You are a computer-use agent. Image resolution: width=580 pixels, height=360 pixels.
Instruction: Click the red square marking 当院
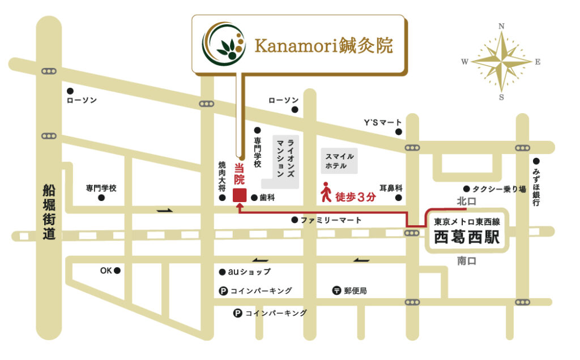[x=239, y=196]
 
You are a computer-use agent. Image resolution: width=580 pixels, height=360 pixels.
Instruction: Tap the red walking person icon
[x=326, y=192]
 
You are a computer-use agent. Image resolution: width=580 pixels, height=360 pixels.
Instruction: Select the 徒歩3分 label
[x=356, y=198]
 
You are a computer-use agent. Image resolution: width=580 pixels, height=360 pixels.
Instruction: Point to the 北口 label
[x=467, y=202]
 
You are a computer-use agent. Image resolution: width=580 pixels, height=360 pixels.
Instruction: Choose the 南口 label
[x=467, y=261]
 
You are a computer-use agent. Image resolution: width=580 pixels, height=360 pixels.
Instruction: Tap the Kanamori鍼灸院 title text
[x=323, y=45]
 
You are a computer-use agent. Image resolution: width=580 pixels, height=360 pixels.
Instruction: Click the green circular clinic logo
[x=224, y=44]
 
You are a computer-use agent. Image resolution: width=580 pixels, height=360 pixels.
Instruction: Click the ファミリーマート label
[x=331, y=220]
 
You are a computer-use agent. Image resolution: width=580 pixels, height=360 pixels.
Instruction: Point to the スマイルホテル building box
[x=339, y=161]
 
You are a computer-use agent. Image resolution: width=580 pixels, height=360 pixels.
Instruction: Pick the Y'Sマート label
[x=382, y=122]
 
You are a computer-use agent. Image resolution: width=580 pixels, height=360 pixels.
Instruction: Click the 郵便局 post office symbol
[x=336, y=290]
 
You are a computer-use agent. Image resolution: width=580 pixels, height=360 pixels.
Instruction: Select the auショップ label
[x=249, y=272]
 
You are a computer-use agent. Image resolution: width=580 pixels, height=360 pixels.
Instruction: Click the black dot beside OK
[x=117, y=271]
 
